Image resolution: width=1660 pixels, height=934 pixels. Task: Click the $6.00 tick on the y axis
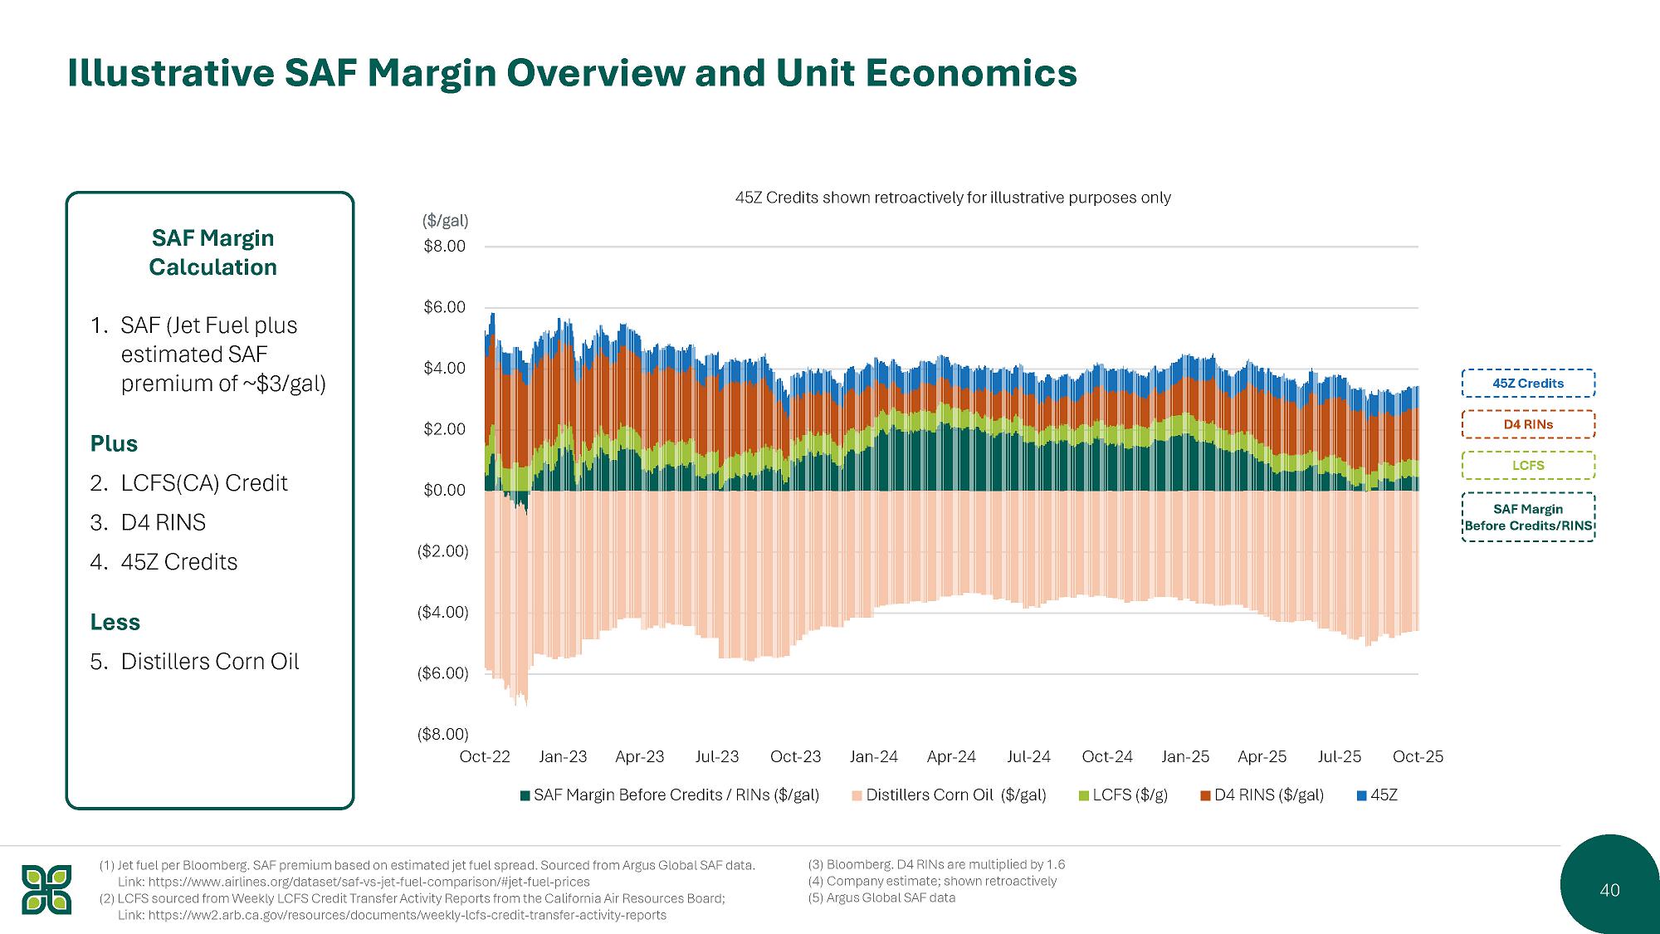point(444,307)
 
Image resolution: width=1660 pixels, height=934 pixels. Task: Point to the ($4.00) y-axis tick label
point(442,613)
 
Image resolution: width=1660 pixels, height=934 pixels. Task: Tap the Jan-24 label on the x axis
point(873,756)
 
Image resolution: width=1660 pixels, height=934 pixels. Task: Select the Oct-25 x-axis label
point(1418,756)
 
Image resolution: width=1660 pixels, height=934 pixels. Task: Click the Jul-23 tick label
point(717,756)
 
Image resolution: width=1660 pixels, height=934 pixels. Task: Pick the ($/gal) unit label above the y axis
point(446,221)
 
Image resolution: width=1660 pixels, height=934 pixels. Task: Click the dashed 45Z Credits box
point(1528,383)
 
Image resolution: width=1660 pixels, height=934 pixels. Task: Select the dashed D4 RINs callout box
point(1528,424)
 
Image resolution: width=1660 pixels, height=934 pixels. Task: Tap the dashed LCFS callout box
point(1528,465)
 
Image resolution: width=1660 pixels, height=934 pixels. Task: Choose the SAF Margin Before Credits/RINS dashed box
point(1528,516)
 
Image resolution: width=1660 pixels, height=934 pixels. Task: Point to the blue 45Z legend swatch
point(1361,795)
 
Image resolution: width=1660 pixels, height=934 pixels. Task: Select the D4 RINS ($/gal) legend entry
point(1262,795)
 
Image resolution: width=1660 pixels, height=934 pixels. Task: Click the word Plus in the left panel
point(114,443)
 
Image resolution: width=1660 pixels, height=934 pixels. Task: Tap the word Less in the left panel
point(115,622)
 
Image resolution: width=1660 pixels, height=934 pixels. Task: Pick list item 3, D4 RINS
point(148,522)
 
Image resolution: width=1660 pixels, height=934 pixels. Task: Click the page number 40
point(1609,890)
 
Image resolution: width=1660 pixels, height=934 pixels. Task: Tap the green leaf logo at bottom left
point(46,889)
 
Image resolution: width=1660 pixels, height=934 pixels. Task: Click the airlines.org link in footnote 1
point(354,882)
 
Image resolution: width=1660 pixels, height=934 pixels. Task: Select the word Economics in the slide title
point(972,73)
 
